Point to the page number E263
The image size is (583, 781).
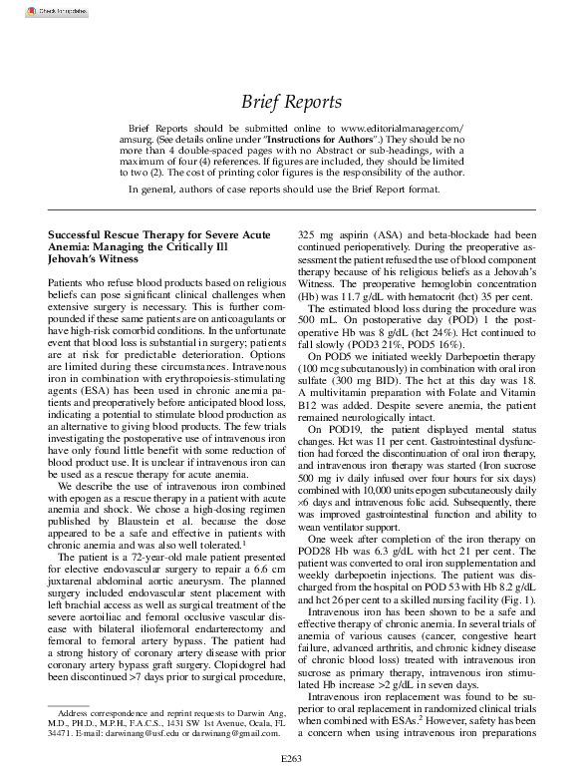[x=291, y=760]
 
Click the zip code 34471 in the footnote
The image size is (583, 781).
[x=61, y=732]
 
